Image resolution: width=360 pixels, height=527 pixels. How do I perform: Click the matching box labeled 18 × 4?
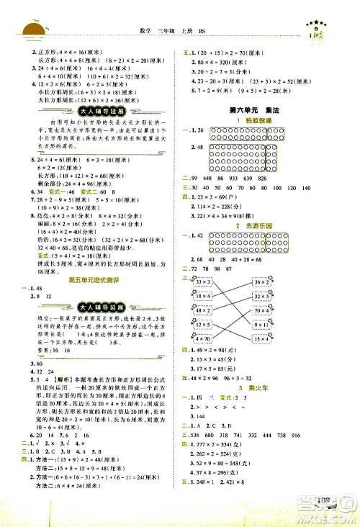point(205,296)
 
